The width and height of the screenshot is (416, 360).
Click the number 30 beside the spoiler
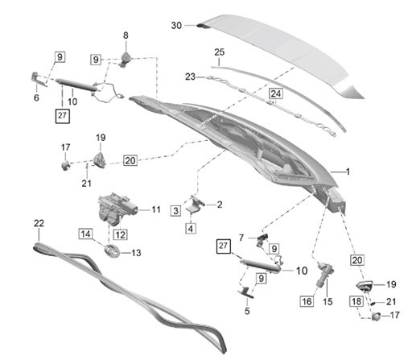pyautogui.click(x=176, y=26)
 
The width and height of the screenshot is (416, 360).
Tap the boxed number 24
pyautogui.click(x=276, y=93)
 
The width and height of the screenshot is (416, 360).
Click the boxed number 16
pyautogui.click(x=307, y=301)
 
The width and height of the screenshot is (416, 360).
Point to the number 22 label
pyautogui.click(x=38, y=222)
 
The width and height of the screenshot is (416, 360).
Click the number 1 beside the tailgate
pyautogui.click(x=348, y=172)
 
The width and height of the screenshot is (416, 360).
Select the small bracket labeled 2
pyautogui.click(x=196, y=204)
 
